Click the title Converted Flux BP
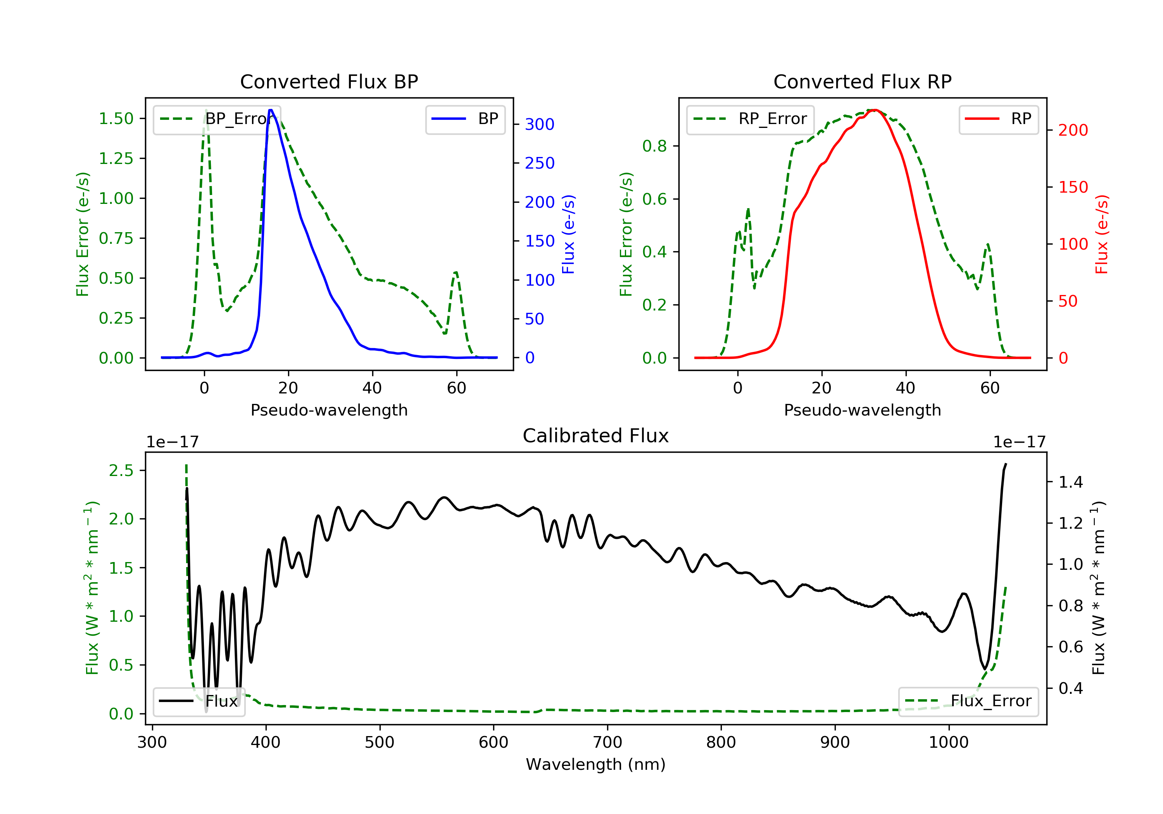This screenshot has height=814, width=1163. [329, 81]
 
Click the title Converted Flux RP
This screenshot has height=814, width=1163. [862, 81]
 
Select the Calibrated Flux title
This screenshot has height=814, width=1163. [596, 436]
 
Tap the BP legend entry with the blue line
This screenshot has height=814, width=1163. [465, 119]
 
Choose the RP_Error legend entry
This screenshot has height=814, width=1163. [750, 119]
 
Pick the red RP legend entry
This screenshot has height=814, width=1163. [998, 119]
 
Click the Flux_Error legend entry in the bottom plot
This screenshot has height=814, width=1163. [968, 701]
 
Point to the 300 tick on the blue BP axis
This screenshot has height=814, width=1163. [540, 124]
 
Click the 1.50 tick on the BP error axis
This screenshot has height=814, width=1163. [116, 119]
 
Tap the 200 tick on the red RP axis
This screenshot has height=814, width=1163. [1073, 130]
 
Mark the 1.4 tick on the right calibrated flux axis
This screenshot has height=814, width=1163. [1071, 482]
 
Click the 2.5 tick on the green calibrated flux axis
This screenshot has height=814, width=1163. [121, 471]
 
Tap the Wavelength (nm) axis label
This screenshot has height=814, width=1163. [596, 764]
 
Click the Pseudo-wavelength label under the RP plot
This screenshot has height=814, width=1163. [862, 410]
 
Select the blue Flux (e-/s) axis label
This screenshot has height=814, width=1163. [568, 234]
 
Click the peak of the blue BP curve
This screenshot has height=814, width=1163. [271, 110]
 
